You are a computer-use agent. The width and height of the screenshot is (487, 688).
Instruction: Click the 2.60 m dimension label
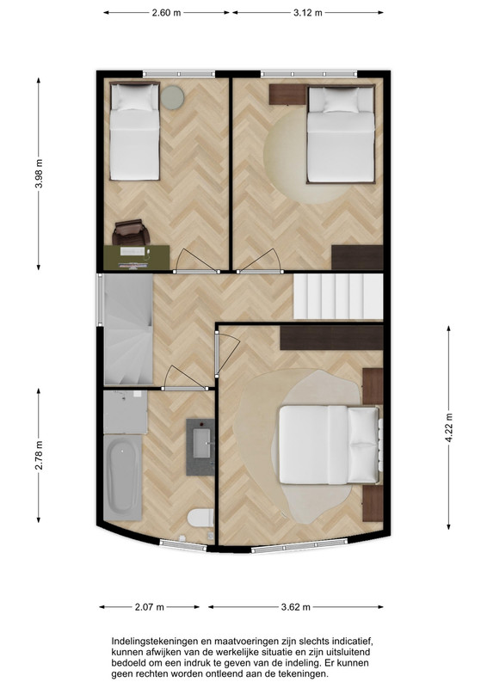(x=166, y=13)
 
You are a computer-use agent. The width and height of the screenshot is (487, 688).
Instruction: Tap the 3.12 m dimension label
(x=308, y=13)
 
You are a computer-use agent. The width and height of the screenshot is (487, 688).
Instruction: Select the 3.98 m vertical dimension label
(x=39, y=174)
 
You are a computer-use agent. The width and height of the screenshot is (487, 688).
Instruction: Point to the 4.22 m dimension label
(x=449, y=428)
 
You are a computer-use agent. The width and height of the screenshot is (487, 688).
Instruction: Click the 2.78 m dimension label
(x=39, y=455)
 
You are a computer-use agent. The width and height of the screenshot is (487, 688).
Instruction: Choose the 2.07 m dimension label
(x=150, y=607)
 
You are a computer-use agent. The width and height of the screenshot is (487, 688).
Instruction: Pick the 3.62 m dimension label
(x=295, y=607)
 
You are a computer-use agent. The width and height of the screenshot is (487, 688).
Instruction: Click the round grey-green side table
(x=172, y=97)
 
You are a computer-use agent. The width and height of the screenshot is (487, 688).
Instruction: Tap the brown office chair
(x=131, y=233)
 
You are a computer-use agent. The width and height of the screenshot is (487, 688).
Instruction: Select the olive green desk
(x=137, y=257)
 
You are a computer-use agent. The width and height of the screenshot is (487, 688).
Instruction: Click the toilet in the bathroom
(x=200, y=518)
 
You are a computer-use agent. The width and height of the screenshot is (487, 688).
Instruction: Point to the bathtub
(x=122, y=477)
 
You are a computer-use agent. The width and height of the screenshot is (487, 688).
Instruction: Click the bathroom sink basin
(x=201, y=443)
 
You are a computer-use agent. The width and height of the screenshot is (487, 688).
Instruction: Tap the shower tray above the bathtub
(x=126, y=413)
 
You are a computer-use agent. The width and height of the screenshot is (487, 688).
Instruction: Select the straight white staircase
(x=338, y=297)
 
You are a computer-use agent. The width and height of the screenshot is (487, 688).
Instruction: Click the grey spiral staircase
(x=128, y=329)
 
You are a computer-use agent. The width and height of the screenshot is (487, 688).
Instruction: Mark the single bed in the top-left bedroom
(x=134, y=132)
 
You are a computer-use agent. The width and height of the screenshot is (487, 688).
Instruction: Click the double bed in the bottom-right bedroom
(x=330, y=445)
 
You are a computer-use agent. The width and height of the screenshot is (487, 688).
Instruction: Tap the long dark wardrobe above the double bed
(x=331, y=337)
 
